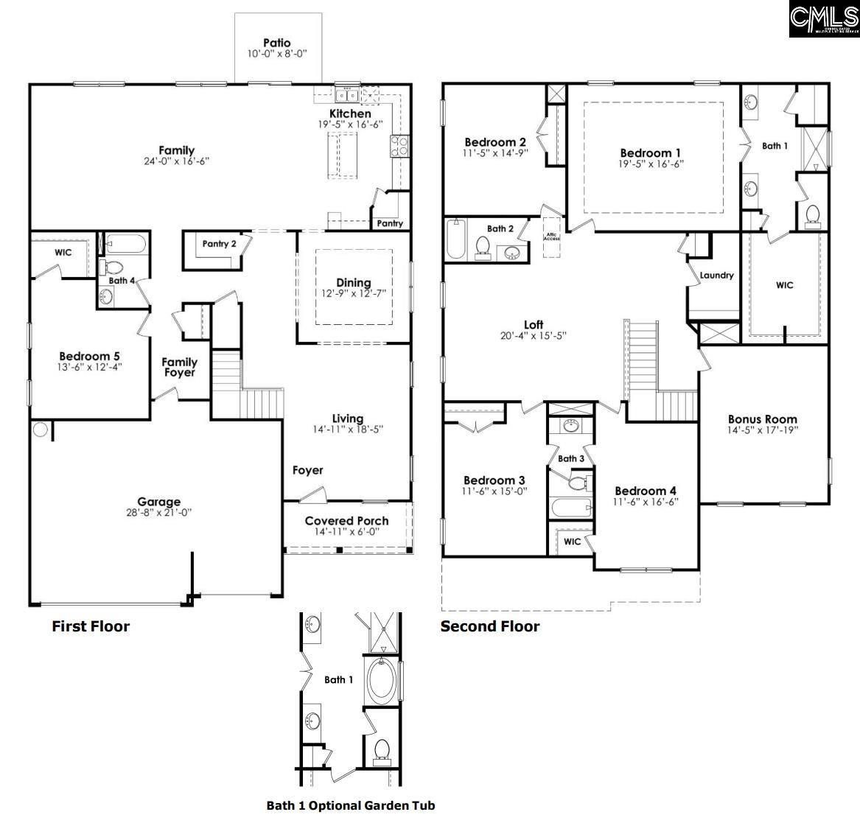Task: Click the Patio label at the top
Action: [276, 43]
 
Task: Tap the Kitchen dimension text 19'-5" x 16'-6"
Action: [350, 125]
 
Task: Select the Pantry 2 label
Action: [219, 244]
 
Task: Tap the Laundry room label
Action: [716, 276]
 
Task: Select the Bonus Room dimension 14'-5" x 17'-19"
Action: [763, 430]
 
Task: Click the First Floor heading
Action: [91, 627]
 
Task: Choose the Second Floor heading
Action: [490, 627]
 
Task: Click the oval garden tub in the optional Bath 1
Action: [381, 682]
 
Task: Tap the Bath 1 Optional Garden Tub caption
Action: [350, 805]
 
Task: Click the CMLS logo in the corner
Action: [824, 19]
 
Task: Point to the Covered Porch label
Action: [346, 521]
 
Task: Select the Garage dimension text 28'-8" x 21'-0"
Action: [158, 513]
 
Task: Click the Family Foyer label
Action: [180, 367]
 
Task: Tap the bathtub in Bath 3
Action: [570, 507]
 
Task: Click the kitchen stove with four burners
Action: [399, 145]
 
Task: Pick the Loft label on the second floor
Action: [533, 325]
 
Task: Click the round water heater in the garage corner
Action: [40, 430]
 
